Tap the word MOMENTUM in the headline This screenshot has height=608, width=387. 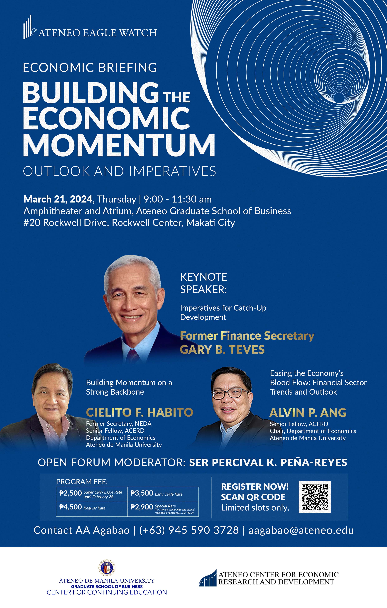coord(119,146)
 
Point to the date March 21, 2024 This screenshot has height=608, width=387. coord(58,199)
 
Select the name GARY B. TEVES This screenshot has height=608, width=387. coord(222,350)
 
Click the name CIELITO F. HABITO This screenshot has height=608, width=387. coord(140,412)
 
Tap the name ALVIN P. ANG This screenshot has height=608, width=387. coord(308,413)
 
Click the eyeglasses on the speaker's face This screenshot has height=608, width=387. coord(230,393)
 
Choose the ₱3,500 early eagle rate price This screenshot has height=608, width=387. coord(142,493)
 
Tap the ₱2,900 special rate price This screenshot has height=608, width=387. coord(142,507)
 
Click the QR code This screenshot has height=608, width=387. coord(315,497)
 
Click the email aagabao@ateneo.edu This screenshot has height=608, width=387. coord(301,530)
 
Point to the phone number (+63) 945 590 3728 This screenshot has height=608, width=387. coord(189,530)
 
